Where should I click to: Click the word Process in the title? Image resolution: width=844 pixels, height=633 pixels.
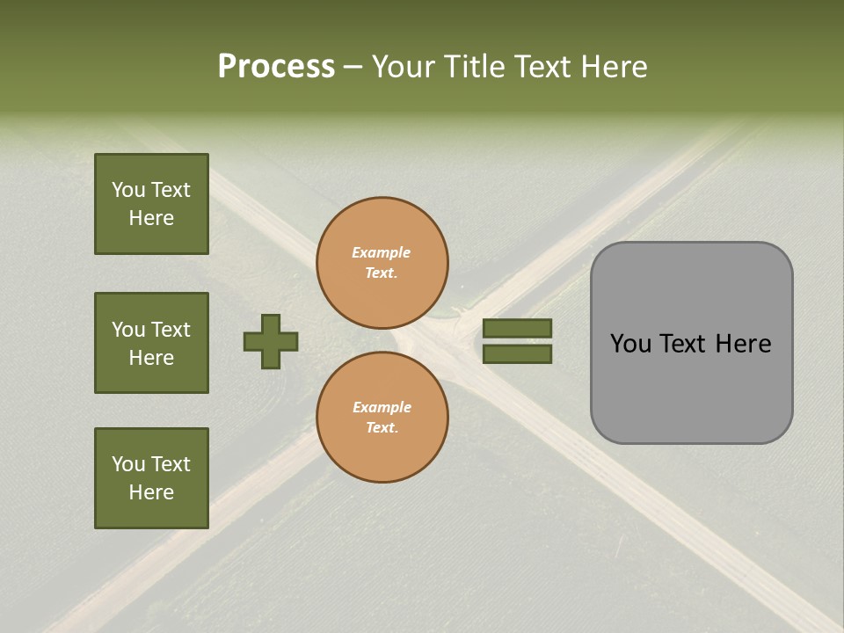[x=276, y=67]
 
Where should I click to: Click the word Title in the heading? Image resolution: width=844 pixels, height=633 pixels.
[x=471, y=67]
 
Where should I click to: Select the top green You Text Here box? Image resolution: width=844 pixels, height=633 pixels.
[x=151, y=204]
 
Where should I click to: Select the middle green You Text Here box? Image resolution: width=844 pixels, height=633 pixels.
[x=151, y=343]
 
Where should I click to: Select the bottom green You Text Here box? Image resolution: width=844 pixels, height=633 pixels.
[x=151, y=478]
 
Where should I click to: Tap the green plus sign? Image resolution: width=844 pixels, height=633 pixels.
[x=271, y=341]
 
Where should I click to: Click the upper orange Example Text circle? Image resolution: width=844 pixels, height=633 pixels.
[x=382, y=263]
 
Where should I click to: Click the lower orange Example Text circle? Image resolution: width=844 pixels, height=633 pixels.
[x=382, y=417]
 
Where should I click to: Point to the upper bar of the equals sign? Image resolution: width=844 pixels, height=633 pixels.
[x=518, y=328]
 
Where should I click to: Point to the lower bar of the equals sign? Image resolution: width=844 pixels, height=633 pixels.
[x=518, y=353]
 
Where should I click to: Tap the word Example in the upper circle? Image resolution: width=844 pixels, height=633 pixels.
[x=382, y=252]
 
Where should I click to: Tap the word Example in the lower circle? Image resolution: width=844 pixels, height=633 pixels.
[x=382, y=407]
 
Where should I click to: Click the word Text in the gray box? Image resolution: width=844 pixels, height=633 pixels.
[x=684, y=344]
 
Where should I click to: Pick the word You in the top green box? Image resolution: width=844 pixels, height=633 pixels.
[x=128, y=190]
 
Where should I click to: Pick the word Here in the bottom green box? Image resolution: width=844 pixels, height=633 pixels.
[x=151, y=492]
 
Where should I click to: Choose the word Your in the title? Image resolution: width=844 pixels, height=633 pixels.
[x=405, y=67]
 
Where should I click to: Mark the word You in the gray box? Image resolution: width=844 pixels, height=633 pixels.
[x=630, y=344]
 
